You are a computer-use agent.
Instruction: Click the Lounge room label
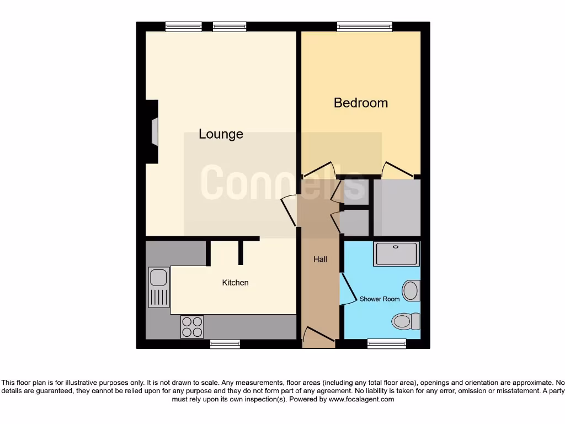[221, 134]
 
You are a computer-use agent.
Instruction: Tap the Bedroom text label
[361, 103]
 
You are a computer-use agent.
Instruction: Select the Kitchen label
[235, 283]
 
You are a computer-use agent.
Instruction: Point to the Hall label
[320, 259]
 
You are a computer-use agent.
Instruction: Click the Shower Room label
[380, 299]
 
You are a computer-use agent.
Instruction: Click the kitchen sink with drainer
[159, 287]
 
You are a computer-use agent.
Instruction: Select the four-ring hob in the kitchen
[192, 326]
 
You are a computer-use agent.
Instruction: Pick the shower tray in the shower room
[397, 253]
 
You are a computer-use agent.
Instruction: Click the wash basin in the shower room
[411, 290]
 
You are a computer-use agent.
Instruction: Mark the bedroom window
[365, 26]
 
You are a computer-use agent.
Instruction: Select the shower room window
[383, 344]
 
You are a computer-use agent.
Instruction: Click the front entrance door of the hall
[319, 337]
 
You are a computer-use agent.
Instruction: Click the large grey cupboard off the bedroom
[397, 207]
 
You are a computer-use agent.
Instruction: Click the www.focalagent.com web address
[361, 399]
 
